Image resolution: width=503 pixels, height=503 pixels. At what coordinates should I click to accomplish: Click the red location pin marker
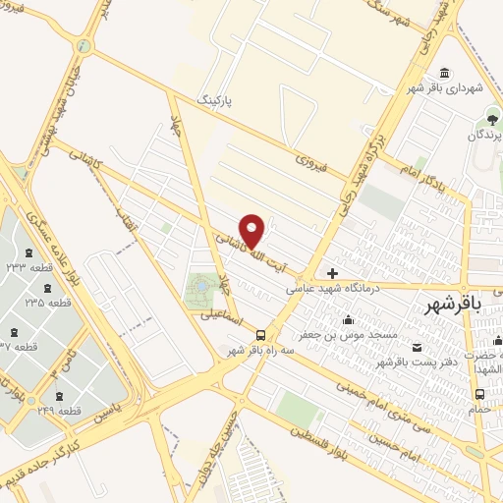[252, 231]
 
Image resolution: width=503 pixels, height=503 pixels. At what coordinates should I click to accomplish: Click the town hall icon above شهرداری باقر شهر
[446, 73]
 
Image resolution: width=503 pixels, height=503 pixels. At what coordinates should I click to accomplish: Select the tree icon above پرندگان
[478, 120]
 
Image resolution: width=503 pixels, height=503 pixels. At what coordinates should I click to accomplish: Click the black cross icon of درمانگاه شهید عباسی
[332, 273]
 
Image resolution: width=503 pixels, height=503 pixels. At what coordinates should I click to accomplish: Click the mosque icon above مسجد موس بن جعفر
[348, 319]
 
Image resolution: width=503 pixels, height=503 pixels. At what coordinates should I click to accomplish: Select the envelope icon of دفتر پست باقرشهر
[417, 347]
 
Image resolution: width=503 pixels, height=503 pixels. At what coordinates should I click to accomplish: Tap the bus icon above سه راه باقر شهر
[260, 334]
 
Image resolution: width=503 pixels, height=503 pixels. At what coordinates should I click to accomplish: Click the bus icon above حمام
[478, 392]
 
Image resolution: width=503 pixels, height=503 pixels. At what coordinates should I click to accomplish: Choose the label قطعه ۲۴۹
[60, 411]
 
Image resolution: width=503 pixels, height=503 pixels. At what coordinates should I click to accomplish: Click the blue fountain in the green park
[200, 286]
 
